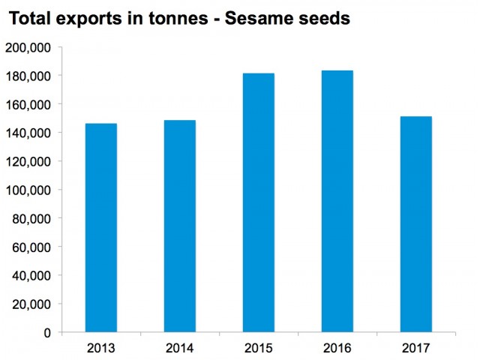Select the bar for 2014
click(x=179, y=226)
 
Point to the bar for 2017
click(x=415, y=224)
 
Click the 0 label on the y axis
click(x=46, y=332)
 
